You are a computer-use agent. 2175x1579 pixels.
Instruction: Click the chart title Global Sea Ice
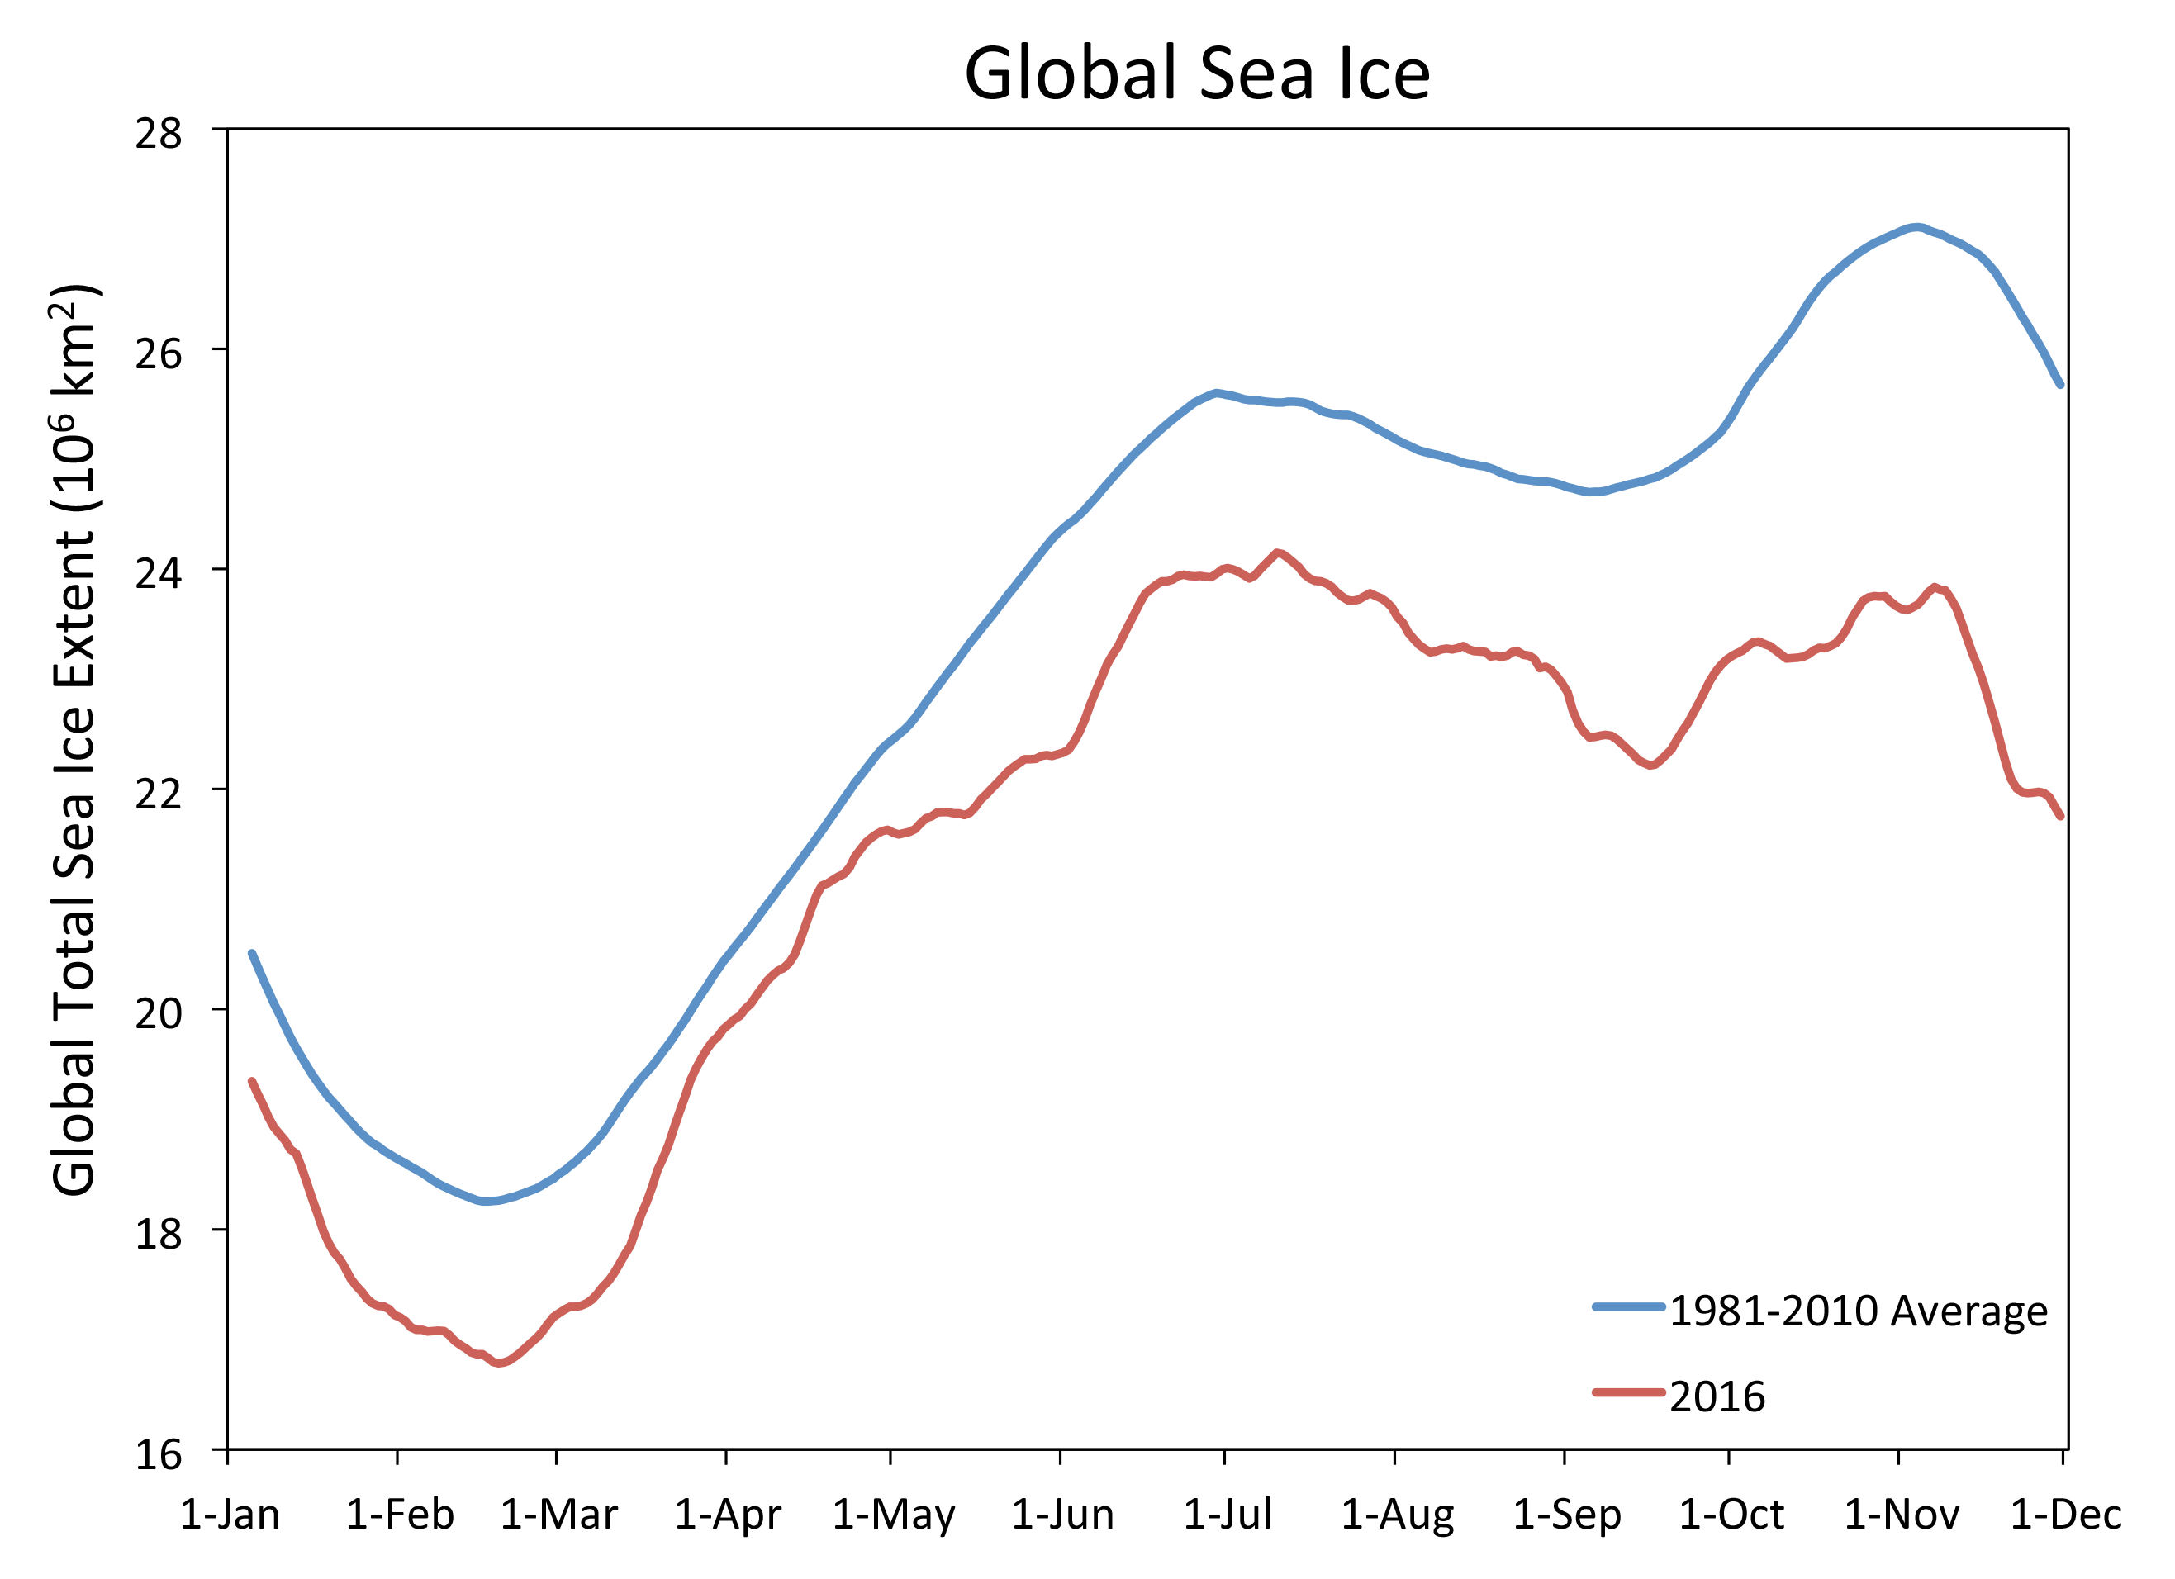point(1196,73)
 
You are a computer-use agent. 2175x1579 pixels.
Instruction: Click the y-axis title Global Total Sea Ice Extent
point(75,740)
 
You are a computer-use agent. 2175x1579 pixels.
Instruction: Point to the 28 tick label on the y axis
point(159,133)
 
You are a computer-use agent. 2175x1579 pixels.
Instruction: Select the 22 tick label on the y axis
point(159,793)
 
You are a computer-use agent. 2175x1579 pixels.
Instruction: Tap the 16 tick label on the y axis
point(159,1454)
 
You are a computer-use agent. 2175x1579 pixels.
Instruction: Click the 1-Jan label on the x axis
point(230,1515)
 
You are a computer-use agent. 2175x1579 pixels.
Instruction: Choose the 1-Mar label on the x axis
point(559,1515)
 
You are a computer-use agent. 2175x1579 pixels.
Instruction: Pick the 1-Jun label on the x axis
point(1062,1515)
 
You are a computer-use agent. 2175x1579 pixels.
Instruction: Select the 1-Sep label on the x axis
point(1567,1515)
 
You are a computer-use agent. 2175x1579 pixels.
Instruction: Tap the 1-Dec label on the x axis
point(2066,1515)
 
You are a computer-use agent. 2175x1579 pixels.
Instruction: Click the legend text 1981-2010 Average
point(1859,1311)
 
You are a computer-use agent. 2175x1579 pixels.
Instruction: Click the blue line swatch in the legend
point(1628,1306)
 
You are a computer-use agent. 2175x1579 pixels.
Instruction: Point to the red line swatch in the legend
point(1628,1392)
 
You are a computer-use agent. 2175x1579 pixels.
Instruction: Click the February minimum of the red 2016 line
point(500,1363)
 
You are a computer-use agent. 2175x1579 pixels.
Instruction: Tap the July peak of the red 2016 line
point(1276,552)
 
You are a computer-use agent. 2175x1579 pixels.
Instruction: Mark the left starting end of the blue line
point(251,953)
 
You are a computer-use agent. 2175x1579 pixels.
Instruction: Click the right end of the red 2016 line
point(2060,817)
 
